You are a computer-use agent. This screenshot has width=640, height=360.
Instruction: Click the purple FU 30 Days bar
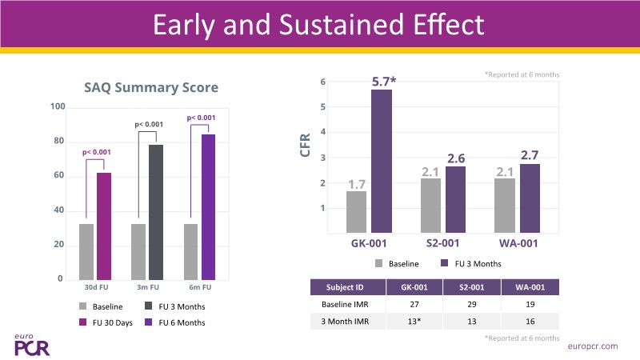coord(103,226)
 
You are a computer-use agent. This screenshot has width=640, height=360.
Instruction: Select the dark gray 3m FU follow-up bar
coord(156,212)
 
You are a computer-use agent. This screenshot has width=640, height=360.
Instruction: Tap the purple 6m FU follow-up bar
coord(208,207)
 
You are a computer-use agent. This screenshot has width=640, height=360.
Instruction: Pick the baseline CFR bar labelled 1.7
coord(356,212)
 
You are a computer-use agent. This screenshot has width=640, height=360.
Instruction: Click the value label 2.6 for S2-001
coord(455,158)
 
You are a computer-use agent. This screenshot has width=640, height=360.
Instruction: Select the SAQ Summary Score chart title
coord(152,86)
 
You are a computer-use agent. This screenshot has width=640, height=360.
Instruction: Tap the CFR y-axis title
coord(306,147)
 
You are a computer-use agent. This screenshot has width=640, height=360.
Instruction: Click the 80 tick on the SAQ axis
coord(58,142)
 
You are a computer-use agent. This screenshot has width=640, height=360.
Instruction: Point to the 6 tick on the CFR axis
coord(322,82)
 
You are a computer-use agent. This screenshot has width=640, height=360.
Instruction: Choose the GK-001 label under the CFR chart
coord(370,243)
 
